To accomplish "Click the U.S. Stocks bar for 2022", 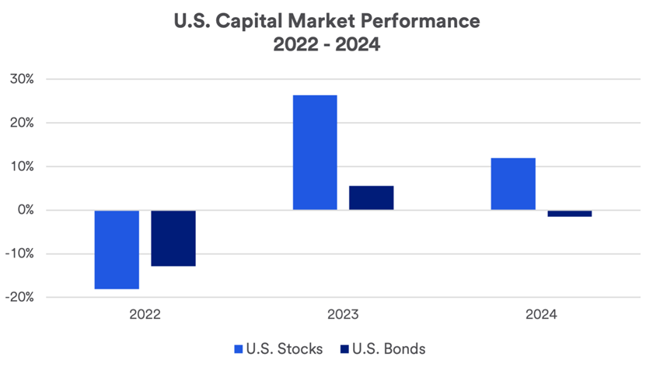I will tap(117, 250).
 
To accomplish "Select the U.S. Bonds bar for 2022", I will tap(173, 238).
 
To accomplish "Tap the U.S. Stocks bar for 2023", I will tap(315, 152).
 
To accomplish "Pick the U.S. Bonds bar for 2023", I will tap(371, 197).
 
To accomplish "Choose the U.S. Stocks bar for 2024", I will tap(513, 183).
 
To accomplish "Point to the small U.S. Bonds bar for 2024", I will tap(569, 213).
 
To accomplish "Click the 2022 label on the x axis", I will tap(145, 315).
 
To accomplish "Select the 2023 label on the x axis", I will tap(343, 315).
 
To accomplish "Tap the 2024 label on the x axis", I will tap(541, 315).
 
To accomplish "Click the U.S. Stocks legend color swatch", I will tap(239, 349).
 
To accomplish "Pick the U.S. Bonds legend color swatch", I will tap(344, 349).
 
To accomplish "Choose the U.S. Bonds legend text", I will tap(389, 349).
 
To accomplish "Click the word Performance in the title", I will tap(424, 21).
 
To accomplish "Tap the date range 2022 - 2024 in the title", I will tap(326, 45).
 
